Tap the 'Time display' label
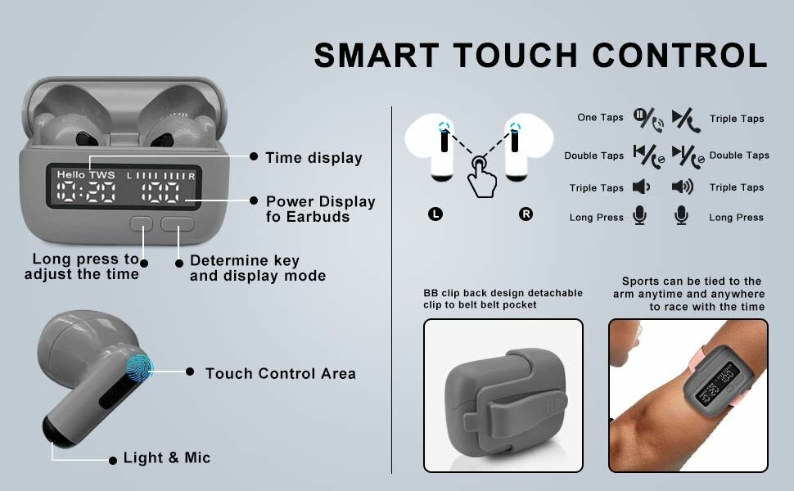click(x=314, y=158)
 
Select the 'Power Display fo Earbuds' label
click(x=320, y=209)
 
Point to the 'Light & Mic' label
click(x=167, y=458)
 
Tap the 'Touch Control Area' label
click(x=280, y=373)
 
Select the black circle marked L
click(x=435, y=214)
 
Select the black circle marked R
click(x=526, y=214)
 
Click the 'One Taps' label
click(x=600, y=118)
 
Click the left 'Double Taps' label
click(x=593, y=155)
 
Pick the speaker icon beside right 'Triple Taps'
click(x=682, y=187)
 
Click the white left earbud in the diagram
click(x=442, y=147)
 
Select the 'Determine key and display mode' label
click(x=257, y=268)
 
